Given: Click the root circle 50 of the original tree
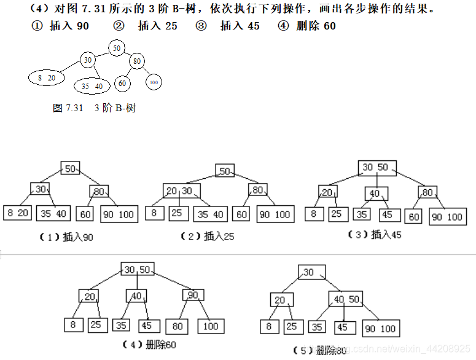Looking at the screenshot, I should pos(116,48).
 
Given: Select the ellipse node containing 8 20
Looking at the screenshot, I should pos(47,77).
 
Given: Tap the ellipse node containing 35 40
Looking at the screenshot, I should pos(92,86).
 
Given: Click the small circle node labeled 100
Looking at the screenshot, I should pos(154,82).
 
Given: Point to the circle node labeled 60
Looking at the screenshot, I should pos(122,83).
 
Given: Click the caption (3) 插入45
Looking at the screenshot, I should pos(375,235).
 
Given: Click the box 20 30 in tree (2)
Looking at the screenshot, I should pos(179,191).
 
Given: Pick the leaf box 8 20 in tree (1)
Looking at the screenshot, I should pos(18,213).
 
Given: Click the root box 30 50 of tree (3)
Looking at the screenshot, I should pos(377,168).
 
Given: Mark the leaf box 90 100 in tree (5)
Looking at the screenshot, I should pos(380,328).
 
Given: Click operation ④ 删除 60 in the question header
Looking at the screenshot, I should pos(307,26).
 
